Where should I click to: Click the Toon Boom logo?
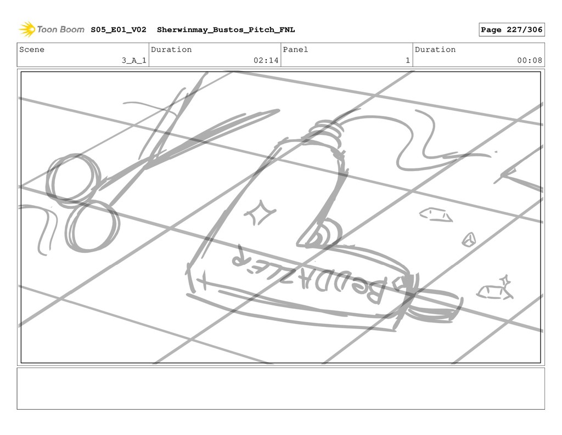coord(51,30)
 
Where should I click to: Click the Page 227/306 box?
coord(512,30)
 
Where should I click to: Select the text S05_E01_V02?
coord(119,30)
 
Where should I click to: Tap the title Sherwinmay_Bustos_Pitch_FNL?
coord(226,30)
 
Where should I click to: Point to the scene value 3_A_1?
coord(134,60)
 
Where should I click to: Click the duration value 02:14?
coord(266,60)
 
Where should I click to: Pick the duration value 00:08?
coord(530,60)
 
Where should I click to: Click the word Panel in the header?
coord(295,49)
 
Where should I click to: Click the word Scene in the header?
coord(31,49)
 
